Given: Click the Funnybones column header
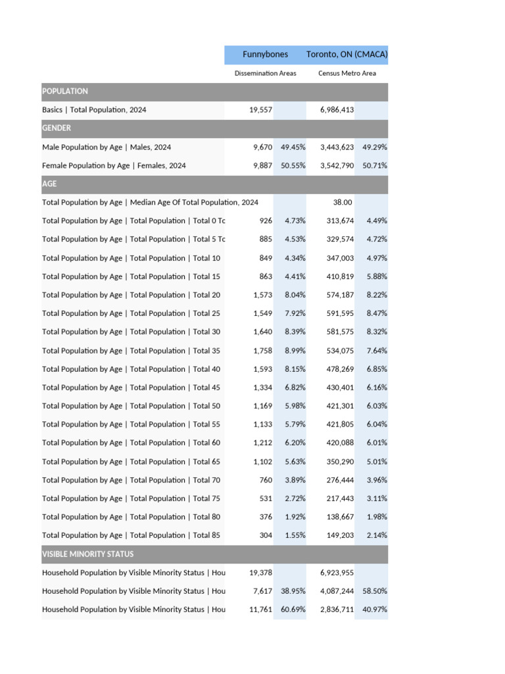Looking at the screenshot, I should [x=265, y=55].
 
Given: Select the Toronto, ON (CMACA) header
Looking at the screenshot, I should [x=347, y=55].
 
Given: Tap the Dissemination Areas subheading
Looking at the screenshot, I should [x=265, y=74].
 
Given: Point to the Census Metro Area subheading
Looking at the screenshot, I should [x=347, y=74].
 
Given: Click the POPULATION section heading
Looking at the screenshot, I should [x=65, y=91].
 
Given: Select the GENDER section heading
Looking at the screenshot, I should [x=57, y=128].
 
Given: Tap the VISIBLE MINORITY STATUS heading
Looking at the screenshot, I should [x=87, y=554].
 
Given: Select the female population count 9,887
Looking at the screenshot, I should [x=262, y=166].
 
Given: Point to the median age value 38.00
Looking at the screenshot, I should [x=343, y=203].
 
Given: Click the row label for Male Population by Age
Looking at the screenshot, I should [x=107, y=147].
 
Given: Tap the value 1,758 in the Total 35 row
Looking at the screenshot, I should [x=262, y=351].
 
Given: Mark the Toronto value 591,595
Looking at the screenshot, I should [x=339, y=313].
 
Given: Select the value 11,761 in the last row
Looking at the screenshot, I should [x=260, y=610].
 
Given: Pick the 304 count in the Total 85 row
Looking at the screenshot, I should [x=266, y=536].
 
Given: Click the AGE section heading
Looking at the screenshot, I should [x=49, y=184].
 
